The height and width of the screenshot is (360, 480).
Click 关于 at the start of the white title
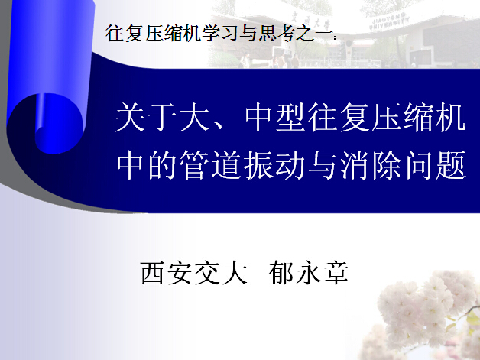tap(146, 117)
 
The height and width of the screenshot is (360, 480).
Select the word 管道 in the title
tap(210, 164)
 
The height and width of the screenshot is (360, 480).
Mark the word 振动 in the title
tap(274, 164)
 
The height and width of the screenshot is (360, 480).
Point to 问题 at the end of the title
tap(436, 164)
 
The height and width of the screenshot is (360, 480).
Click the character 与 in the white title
tap(323, 164)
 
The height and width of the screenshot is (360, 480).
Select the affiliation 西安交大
tap(194, 273)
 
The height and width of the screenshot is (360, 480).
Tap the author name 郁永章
tap(309, 273)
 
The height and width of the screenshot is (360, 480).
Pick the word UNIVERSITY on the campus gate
tap(389, 24)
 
